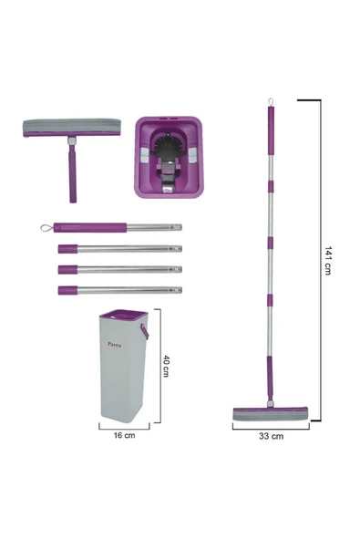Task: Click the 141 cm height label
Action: pos(330,262)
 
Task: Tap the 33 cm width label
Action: pos(271,436)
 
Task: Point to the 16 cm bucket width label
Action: pos(124,436)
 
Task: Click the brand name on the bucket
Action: pos(114,346)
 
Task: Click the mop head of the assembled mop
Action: pos(270,413)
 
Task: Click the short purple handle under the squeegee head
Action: pos(70,173)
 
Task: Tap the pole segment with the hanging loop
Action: pos(109,227)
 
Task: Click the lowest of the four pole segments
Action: pos(118,290)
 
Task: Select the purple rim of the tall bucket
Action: pos(123,317)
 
